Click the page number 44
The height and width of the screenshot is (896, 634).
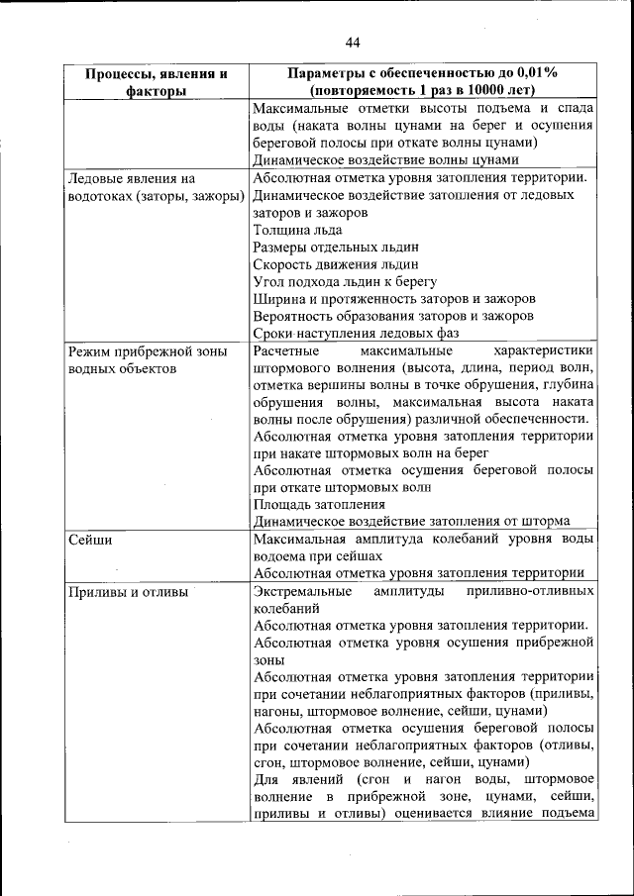[354, 41]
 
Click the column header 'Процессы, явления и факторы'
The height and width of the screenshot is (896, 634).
[157, 82]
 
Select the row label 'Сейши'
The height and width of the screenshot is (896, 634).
[89, 541]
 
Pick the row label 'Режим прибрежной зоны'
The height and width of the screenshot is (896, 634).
[147, 350]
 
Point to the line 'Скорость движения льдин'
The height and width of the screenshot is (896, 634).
[336, 264]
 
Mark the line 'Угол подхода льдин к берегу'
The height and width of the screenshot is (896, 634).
[346, 281]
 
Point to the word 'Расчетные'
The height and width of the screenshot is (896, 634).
[288, 350]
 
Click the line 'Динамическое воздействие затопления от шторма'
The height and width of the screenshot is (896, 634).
[411, 521]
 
